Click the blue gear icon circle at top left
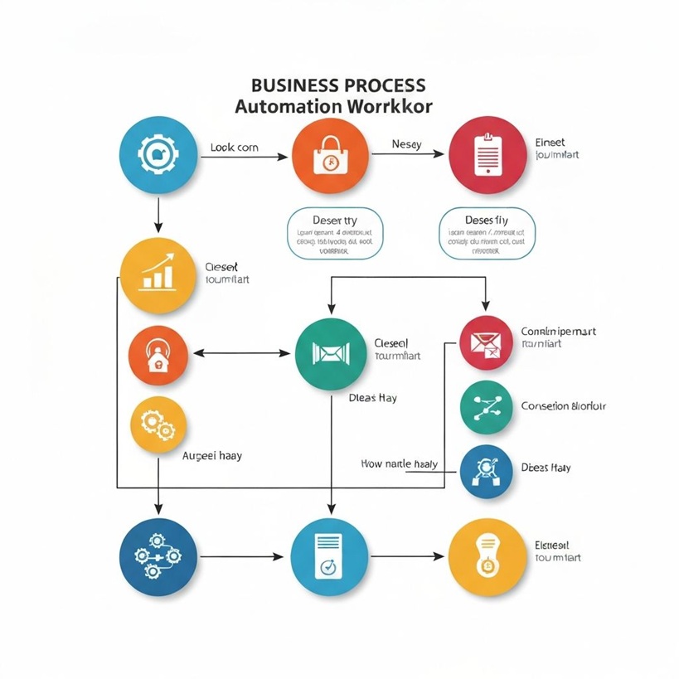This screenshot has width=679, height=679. tap(158, 154)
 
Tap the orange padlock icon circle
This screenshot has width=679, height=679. tap(330, 155)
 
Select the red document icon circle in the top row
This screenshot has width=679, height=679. tap(487, 155)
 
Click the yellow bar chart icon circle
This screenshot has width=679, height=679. tap(158, 276)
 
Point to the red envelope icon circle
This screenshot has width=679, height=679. tap(486, 342)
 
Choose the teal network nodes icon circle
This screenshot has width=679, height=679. tap(486, 407)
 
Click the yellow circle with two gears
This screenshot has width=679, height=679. tap(158, 424)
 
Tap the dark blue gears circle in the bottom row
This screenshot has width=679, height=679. tap(158, 555)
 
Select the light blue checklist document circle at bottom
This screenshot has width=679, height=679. tap(329, 556)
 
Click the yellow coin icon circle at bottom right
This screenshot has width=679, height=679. tap(487, 556)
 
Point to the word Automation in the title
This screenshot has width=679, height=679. tap(287, 107)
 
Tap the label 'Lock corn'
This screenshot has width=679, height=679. tap(234, 148)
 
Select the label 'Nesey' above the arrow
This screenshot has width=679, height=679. tap(406, 144)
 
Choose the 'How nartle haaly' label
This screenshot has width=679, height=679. tap(400, 464)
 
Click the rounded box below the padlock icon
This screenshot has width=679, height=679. tap(335, 234)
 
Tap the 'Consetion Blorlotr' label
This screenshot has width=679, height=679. tap(563, 406)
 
